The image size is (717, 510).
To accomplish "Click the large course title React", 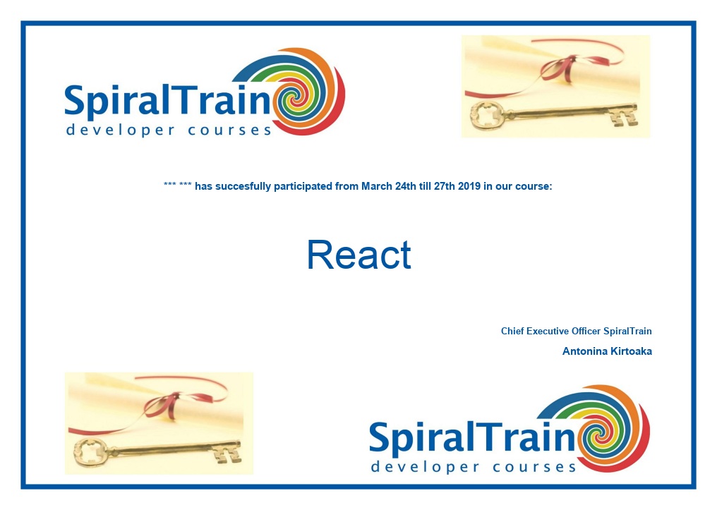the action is point(359,255).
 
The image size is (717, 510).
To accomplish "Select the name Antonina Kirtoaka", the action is point(607,351).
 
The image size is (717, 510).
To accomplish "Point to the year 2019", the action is point(469,186).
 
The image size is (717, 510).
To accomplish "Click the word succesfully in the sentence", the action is point(243,186).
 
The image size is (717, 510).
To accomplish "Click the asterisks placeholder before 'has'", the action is point(177,185).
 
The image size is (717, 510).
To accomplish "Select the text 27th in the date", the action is point(445,186).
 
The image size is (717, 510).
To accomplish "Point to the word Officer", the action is point(586,332).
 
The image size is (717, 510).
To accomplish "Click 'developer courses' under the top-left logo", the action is point(169,130).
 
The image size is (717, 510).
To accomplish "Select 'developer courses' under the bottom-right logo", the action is point(474,467).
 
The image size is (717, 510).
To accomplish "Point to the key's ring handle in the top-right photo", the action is point(488,115).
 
